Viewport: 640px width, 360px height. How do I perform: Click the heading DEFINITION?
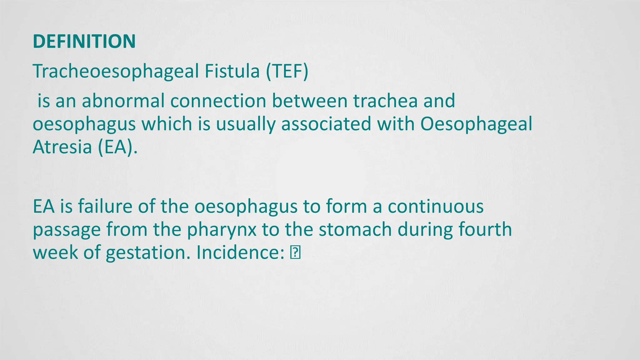pos(84,41)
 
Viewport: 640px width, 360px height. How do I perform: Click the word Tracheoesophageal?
pos(116,71)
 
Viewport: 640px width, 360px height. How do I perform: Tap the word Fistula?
pos(232,71)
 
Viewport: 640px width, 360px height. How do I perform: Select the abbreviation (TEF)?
pos(287,71)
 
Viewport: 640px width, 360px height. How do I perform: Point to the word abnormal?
pos(123,101)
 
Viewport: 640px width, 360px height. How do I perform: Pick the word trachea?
pos(385,101)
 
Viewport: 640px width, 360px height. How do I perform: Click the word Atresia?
pos(62,147)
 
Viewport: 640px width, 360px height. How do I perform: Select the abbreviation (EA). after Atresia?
pos(117,147)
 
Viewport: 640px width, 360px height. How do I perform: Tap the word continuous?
pos(436,207)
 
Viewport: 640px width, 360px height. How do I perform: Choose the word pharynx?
pos(222,230)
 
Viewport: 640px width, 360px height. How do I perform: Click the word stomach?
pos(355,230)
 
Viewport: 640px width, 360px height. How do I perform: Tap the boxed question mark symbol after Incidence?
pos(295,253)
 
